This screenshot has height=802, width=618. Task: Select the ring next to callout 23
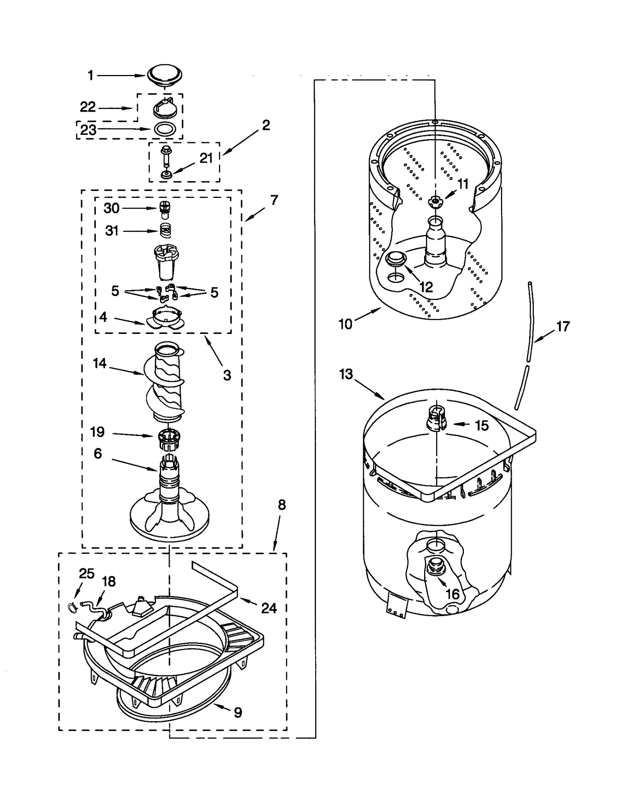pyautogui.click(x=165, y=129)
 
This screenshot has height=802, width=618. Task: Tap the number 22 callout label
pyautogui.click(x=88, y=107)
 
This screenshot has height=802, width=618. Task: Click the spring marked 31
pyautogui.click(x=166, y=231)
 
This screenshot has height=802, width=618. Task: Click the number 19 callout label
pyautogui.click(x=97, y=432)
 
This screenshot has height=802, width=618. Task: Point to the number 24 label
pyautogui.click(x=269, y=608)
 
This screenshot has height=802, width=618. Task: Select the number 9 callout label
pyautogui.click(x=238, y=712)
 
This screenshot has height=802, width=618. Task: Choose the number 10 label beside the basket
pyautogui.click(x=345, y=324)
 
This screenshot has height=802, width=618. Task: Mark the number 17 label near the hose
pyautogui.click(x=563, y=327)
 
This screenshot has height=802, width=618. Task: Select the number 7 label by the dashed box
pyautogui.click(x=274, y=200)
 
